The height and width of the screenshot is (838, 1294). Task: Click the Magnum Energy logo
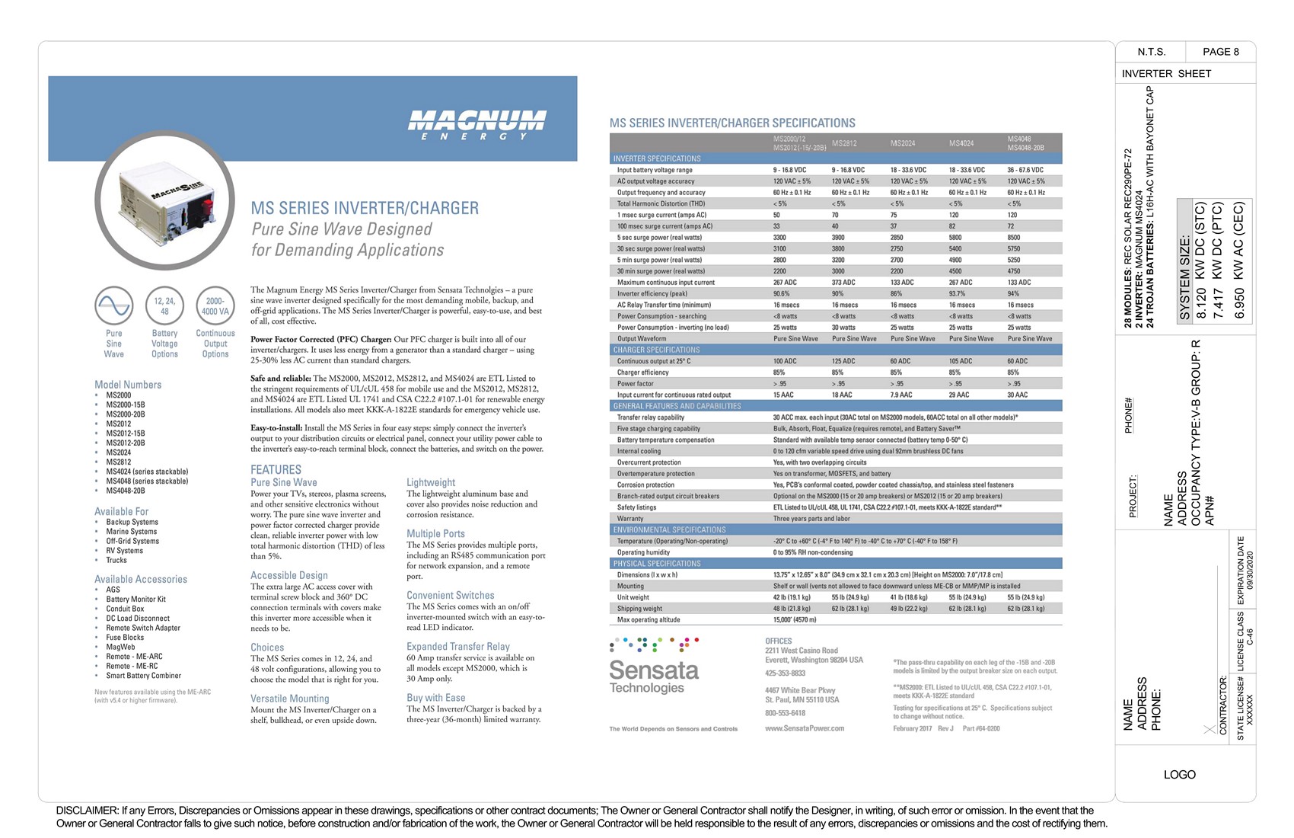(476, 124)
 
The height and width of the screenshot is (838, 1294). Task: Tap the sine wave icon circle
(114, 305)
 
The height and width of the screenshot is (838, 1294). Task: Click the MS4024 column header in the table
(961, 143)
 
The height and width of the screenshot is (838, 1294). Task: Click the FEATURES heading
(276, 469)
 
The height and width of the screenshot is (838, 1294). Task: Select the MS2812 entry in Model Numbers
(119, 462)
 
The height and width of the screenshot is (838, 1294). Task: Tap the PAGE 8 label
(1220, 52)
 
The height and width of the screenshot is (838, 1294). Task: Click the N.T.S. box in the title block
(1151, 52)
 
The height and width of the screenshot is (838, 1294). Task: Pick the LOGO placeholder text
(1179, 774)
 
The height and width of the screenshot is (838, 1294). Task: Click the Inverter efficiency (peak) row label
(652, 293)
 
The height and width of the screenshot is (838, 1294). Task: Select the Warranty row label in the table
(630, 518)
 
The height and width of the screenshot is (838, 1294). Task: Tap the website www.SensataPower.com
(805, 728)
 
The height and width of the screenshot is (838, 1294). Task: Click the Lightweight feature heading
(431, 482)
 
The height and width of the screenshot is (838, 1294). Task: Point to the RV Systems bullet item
(124, 551)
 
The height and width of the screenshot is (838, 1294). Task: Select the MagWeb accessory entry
(120, 647)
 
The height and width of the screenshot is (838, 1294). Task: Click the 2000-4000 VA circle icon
(215, 305)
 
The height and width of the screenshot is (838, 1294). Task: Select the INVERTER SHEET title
(1166, 74)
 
